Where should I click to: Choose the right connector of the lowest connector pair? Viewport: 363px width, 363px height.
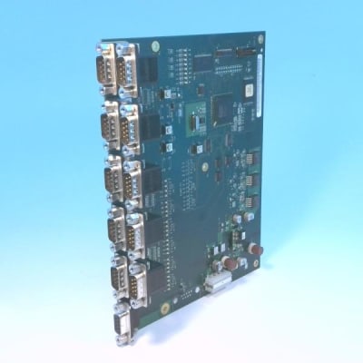(x=136, y=291)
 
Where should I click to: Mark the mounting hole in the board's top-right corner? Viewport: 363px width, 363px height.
(x=260, y=39)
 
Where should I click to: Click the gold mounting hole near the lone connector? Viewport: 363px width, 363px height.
(x=165, y=308)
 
